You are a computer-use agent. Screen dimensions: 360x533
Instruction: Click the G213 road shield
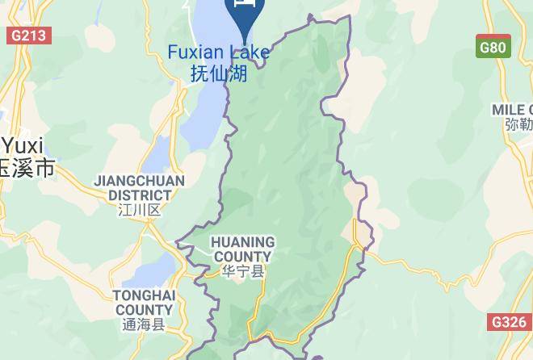(x=29, y=36)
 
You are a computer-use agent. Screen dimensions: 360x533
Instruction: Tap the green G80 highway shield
(x=493, y=47)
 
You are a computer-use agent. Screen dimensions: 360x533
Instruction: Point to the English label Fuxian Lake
(x=218, y=52)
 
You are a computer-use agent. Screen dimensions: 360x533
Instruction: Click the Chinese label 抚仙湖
(x=218, y=73)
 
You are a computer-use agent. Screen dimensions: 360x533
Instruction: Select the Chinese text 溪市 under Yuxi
(x=32, y=168)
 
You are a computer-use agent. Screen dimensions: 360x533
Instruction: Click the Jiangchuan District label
(x=140, y=187)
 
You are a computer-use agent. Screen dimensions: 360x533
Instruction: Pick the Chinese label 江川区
(x=140, y=210)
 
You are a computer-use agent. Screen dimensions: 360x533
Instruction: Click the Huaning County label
(x=242, y=249)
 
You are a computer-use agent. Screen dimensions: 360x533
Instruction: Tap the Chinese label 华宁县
(x=242, y=272)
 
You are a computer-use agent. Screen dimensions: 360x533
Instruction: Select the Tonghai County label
(x=144, y=303)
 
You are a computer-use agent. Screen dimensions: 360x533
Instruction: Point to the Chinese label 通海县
(x=144, y=325)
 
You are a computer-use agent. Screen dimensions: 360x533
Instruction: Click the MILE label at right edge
(x=512, y=109)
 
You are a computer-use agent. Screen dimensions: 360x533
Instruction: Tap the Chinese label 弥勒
(x=518, y=126)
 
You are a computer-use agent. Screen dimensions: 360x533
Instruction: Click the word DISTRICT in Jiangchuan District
(x=140, y=195)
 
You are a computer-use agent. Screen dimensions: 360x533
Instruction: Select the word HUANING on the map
(x=242, y=241)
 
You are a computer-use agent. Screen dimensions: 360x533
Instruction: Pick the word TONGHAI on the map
(x=144, y=295)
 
